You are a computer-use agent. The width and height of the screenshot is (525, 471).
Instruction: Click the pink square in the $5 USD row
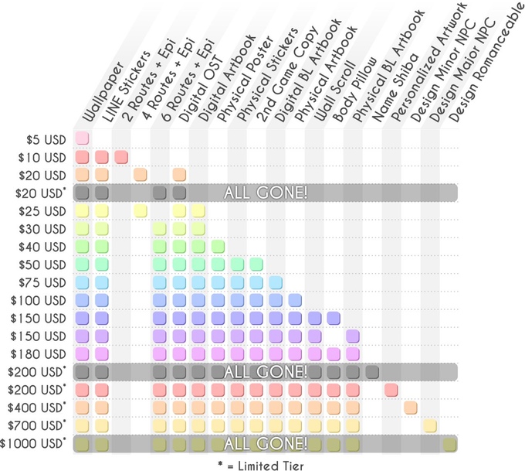(82, 139)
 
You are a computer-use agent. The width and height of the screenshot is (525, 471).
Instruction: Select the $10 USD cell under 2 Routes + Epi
(121, 157)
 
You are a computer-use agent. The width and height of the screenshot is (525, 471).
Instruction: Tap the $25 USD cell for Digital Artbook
(198, 210)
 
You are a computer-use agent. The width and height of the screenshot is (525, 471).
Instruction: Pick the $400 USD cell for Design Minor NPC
(411, 407)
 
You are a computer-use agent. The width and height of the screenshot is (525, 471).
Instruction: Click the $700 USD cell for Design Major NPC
(430, 425)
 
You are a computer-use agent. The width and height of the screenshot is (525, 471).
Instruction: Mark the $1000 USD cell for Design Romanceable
(449, 443)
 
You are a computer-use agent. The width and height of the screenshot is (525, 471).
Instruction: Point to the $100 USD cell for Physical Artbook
(295, 300)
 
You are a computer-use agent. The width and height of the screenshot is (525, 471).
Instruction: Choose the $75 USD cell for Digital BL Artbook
(276, 282)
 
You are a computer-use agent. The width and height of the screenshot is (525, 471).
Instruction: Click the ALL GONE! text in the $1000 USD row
(266, 443)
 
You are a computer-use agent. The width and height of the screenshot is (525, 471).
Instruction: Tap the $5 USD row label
(46, 140)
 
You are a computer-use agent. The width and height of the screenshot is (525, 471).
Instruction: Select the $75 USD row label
(43, 282)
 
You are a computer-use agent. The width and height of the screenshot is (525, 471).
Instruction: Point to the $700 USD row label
(38, 425)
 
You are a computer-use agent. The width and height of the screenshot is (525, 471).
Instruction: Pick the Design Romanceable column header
(486, 66)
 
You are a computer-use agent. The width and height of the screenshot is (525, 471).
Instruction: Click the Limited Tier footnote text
(262, 463)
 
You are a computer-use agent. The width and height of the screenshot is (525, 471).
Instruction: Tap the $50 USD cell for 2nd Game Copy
(256, 265)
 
